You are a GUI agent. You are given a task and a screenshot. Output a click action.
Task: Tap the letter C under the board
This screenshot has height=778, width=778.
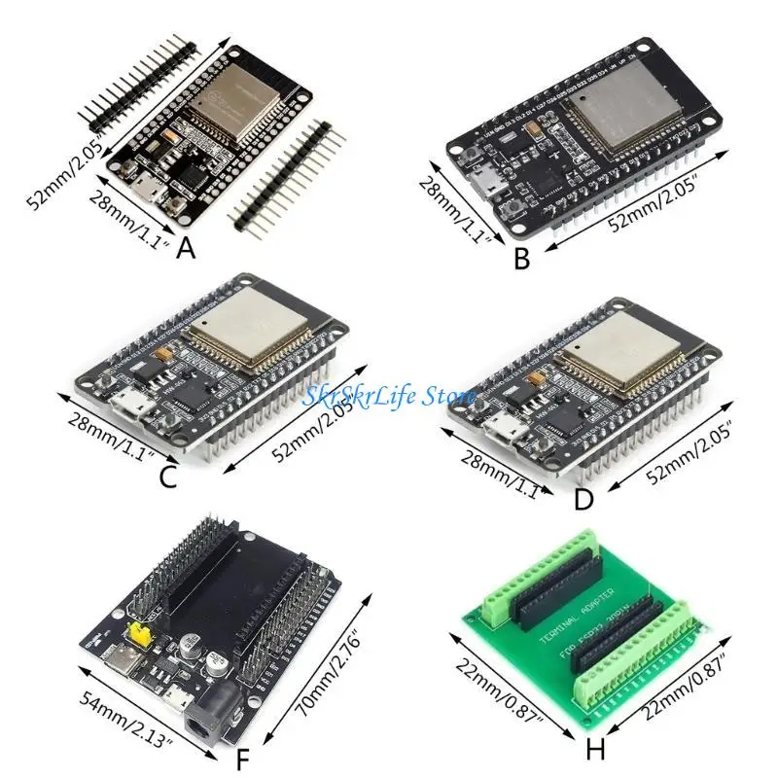(x=166, y=477)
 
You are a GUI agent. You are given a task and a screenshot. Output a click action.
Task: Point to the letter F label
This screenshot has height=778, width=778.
(x=245, y=757)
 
